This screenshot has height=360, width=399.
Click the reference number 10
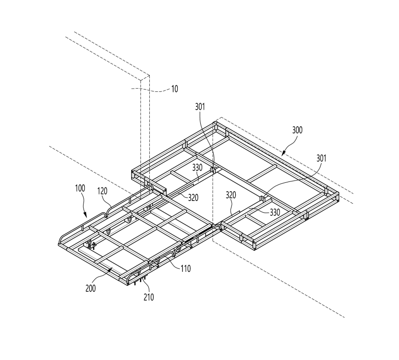click(174, 88)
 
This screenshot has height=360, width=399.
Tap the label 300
click(297, 130)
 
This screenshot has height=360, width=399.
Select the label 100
click(80, 189)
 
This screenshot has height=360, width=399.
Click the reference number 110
click(184, 268)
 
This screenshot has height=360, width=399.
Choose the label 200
click(91, 288)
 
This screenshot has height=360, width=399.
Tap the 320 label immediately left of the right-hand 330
click(232, 195)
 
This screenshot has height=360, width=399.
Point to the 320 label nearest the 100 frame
click(193, 197)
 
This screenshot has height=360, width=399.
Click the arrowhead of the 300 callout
click(282, 152)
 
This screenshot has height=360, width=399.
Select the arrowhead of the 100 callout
click(86, 216)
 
